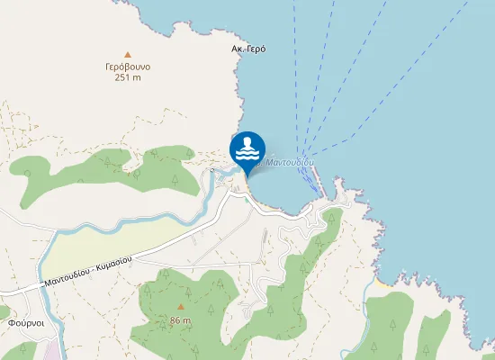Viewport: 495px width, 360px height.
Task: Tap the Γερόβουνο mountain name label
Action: tap(127, 67)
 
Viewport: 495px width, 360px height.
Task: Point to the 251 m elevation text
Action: tap(128, 77)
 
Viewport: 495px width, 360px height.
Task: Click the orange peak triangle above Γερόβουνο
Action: tap(128, 54)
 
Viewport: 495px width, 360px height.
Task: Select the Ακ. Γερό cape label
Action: tap(249, 49)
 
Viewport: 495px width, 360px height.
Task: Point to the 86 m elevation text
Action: tap(180, 319)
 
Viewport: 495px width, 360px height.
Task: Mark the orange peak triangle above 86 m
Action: tap(180, 307)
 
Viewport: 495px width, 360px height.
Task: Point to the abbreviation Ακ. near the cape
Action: tap(238, 49)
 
